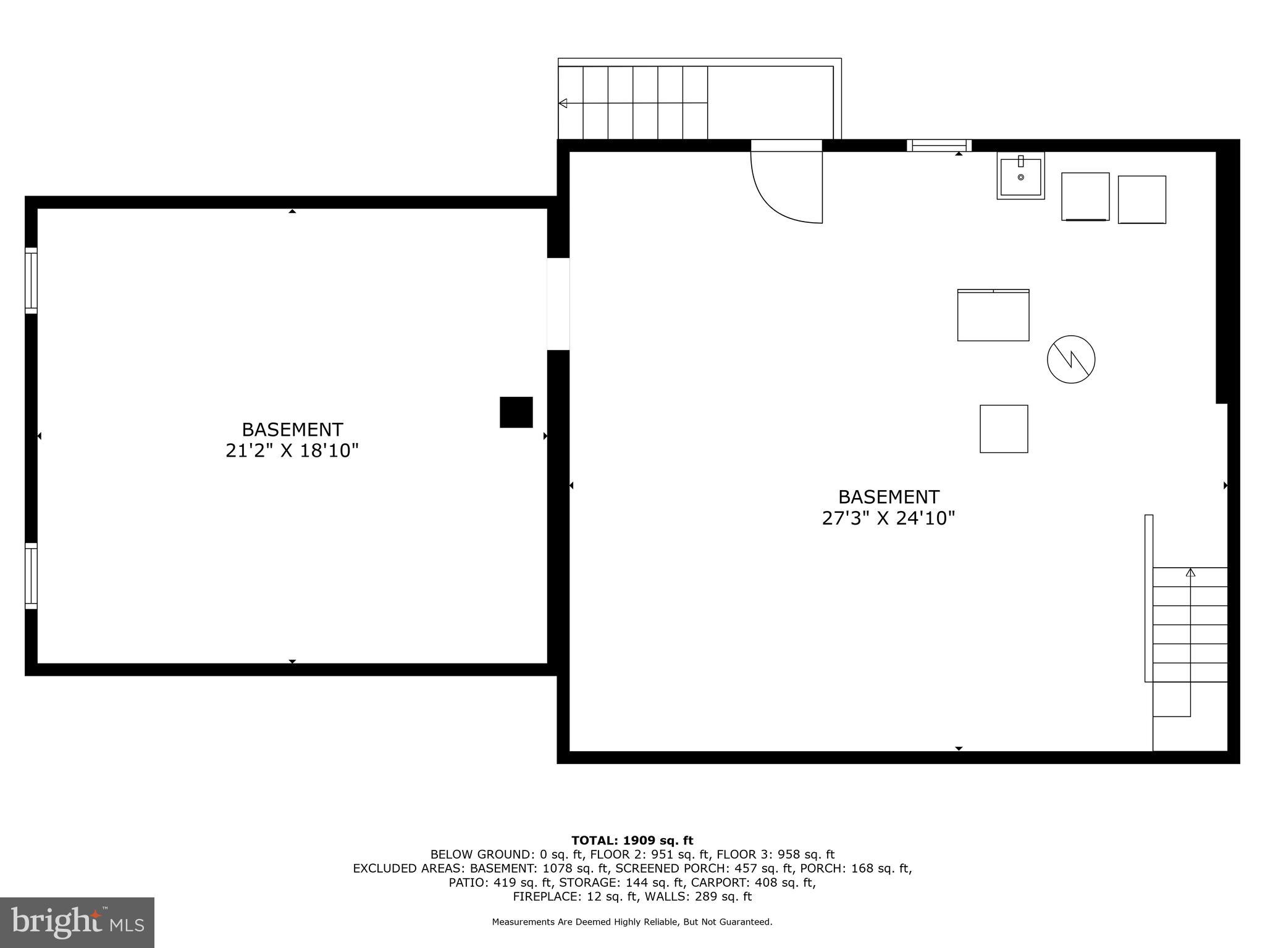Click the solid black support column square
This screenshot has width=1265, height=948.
[x=516, y=412]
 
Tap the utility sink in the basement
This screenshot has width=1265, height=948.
[x=1020, y=176]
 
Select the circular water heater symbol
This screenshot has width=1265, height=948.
[x=1071, y=359]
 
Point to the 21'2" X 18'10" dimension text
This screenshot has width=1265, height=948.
[x=292, y=451]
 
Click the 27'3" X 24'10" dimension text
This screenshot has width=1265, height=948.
[x=888, y=518]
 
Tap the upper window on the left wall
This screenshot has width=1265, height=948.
[x=31, y=281]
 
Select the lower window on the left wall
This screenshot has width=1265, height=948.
[x=31, y=576]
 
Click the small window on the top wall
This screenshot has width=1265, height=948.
[x=939, y=146]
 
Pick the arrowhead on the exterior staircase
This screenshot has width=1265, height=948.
[x=563, y=103]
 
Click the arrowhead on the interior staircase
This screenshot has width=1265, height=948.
[x=1190, y=573]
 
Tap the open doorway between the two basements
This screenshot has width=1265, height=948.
[x=558, y=304]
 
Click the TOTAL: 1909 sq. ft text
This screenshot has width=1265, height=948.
[x=632, y=841]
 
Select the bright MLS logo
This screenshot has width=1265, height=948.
[x=77, y=922]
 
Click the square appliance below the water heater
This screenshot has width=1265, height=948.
[x=1004, y=429]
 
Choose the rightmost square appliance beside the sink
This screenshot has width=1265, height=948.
[x=1141, y=199]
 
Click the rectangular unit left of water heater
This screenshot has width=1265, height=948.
[x=993, y=315]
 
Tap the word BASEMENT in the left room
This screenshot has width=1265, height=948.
[x=292, y=430]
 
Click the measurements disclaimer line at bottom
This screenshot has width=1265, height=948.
[x=632, y=922]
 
